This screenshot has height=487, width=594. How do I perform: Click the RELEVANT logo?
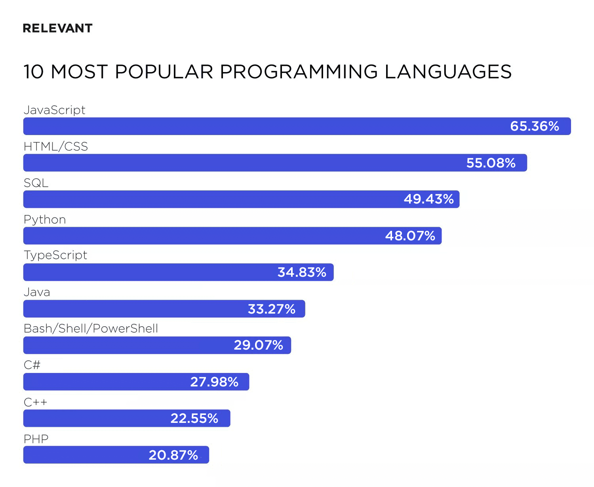(57, 28)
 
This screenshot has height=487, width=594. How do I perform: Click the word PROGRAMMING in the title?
(299, 72)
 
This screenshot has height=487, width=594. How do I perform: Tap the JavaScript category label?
(55, 110)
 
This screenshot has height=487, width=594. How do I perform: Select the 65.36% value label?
(534, 126)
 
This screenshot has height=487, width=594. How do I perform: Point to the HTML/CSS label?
(56, 146)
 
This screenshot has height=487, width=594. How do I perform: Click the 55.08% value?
(491, 163)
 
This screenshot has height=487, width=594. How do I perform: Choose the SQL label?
(36, 183)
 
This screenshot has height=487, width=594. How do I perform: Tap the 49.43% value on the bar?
(428, 199)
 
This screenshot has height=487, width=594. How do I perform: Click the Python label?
(45, 219)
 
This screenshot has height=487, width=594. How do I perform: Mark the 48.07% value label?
(410, 236)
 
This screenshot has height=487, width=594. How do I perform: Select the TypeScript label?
(55, 255)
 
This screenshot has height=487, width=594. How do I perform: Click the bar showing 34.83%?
(178, 272)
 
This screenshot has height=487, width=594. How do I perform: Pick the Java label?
(37, 292)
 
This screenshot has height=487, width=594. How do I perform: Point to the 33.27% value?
(271, 309)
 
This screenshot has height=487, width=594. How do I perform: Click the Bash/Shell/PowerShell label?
(91, 328)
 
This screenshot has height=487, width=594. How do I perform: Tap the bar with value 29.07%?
(157, 345)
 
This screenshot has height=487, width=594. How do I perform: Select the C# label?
(32, 365)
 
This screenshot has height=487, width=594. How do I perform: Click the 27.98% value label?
(214, 382)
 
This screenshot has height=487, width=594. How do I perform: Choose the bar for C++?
(127, 418)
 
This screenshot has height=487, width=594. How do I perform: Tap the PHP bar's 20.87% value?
(173, 455)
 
